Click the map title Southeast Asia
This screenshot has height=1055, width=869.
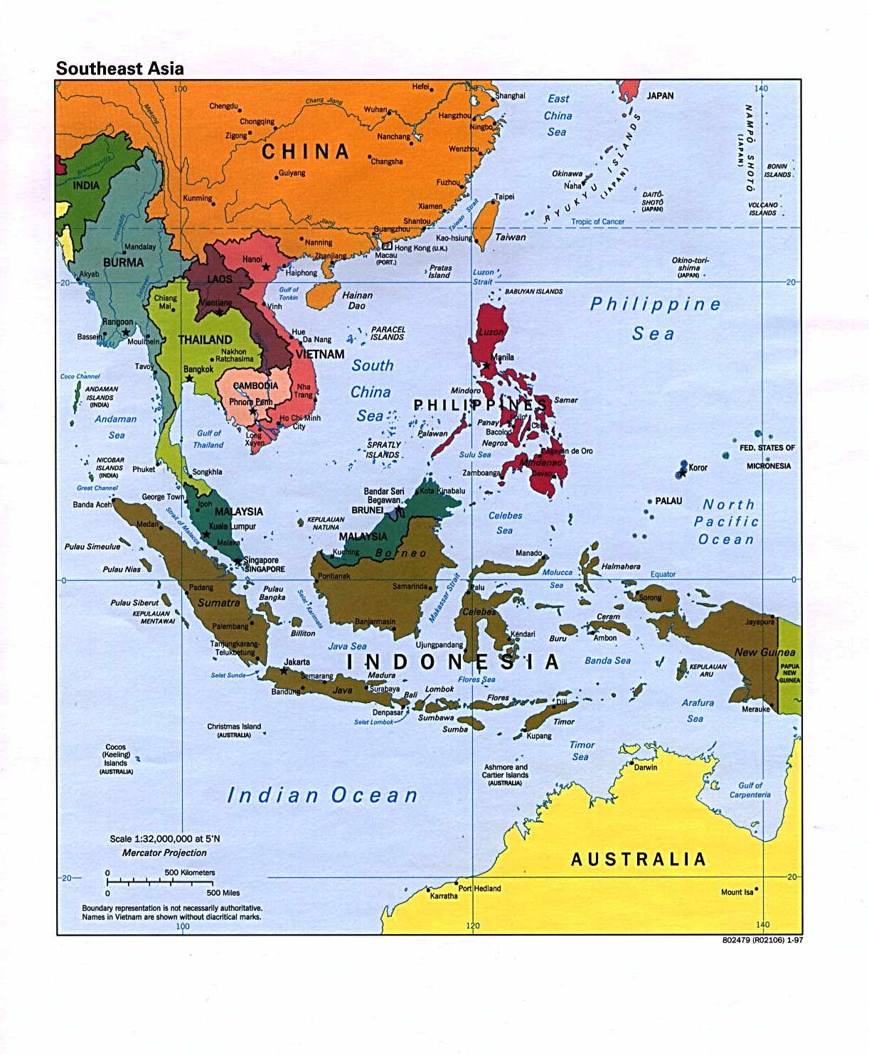coord(119,68)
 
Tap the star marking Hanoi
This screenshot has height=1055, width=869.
coord(266,267)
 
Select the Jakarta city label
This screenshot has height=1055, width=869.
coord(297,662)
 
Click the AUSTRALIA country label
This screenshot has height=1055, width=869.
coord(638,859)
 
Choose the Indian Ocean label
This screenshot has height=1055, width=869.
coord(322,796)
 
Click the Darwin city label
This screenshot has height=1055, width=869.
coord(646,767)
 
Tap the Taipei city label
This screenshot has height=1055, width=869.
coord(504,197)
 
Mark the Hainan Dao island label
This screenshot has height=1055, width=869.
coord(357,300)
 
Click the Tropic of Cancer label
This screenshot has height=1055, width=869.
coord(597,222)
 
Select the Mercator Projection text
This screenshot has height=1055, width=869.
coord(164,852)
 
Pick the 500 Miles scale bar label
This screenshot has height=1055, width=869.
coord(223,893)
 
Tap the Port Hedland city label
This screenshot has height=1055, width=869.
coord(479,888)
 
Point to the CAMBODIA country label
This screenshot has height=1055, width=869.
coord(255,385)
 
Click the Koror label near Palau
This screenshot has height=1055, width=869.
coord(698,468)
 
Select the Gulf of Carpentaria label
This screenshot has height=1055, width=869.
coord(750,790)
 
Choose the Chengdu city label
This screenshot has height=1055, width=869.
coord(223,106)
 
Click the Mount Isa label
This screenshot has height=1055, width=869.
coord(737,892)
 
